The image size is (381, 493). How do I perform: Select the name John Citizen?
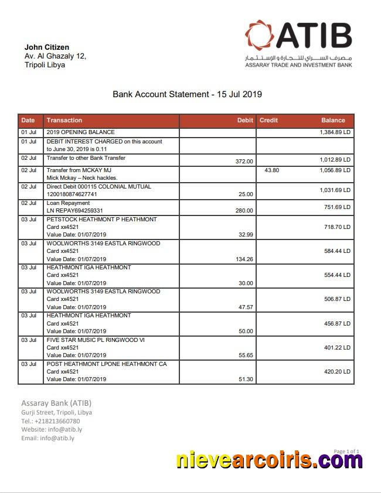click(46, 47)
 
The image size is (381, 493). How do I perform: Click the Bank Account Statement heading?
click(187, 94)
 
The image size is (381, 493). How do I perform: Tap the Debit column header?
click(245, 120)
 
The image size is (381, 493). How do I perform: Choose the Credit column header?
click(268, 120)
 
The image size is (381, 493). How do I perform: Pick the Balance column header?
click(333, 120)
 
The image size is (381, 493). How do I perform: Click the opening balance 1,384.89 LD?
click(335, 133)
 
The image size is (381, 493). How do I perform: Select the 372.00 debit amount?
click(244, 161)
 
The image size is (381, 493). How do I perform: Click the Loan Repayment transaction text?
click(68, 203)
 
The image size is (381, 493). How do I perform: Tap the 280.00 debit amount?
click(244, 210)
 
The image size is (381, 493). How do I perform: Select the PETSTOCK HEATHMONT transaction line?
click(101, 220)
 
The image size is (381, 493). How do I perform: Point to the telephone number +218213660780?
click(57, 421)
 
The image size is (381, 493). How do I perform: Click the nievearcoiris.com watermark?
click(269, 460)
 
